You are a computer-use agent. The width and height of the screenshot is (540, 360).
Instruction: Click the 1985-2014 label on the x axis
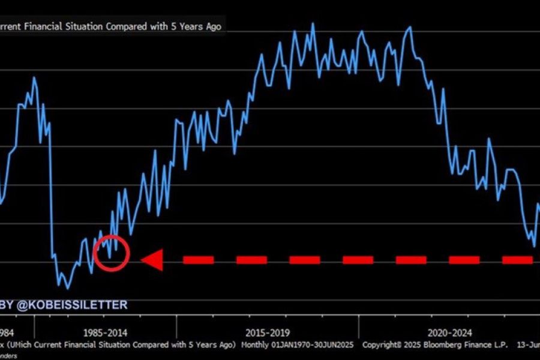click(x=106, y=332)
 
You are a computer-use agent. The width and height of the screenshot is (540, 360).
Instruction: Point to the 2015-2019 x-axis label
click(x=268, y=332)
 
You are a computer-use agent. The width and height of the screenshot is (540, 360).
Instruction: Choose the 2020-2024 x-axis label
click(x=451, y=332)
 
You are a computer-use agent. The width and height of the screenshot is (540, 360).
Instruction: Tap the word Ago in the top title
click(x=214, y=27)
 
